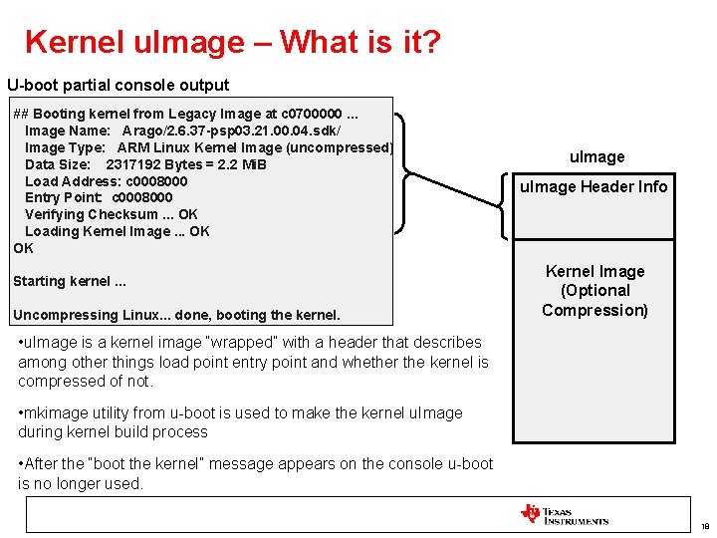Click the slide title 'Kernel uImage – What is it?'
coord(233,42)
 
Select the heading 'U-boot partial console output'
coord(118,86)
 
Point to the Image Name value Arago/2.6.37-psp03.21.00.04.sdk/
coord(231,132)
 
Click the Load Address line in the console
coord(106,181)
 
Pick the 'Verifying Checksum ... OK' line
coord(111,214)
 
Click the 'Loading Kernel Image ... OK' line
coord(117,231)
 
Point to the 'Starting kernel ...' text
coord(70,281)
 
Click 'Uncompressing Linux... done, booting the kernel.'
coord(176,315)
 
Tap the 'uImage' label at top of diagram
coord(597,156)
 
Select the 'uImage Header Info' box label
coord(595,187)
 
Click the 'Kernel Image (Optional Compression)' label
coord(595,290)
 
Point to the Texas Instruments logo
coord(564,515)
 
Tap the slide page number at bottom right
coord(704,526)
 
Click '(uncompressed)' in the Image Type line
coord(340,147)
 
